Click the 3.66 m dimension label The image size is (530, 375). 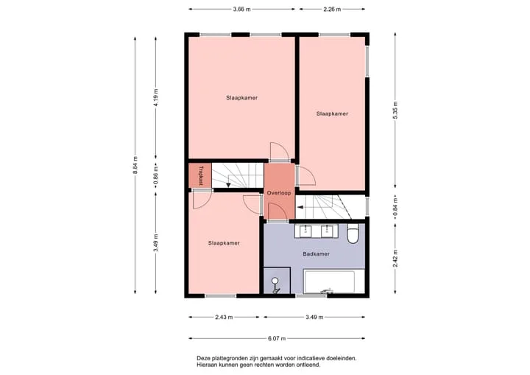pyautogui.click(x=241, y=9)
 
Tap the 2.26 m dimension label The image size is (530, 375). pyautogui.click(x=332, y=9)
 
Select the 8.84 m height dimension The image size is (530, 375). pyautogui.click(x=135, y=165)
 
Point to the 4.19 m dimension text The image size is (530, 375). pyautogui.click(x=156, y=98)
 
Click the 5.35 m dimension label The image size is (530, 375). pyautogui.click(x=395, y=110)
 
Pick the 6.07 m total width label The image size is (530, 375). pyautogui.click(x=277, y=338)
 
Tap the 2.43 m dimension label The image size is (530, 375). pyautogui.click(x=224, y=317)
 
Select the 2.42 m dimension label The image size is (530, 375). pyautogui.click(x=395, y=259)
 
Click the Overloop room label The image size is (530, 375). pyautogui.click(x=279, y=193)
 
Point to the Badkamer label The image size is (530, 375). pyautogui.click(x=316, y=253)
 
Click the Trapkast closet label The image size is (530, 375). pyautogui.click(x=201, y=175)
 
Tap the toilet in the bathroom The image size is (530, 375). pyautogui.click(x=353, y=234)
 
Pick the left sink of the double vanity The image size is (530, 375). pyautogui.click(x=305, y=231)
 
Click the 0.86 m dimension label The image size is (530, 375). pyautogui.click(x=156, y=176)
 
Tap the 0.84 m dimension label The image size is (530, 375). pyautogui.click(x=395, y=207)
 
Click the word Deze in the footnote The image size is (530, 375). pyautogui.click(x=203, y=358)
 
